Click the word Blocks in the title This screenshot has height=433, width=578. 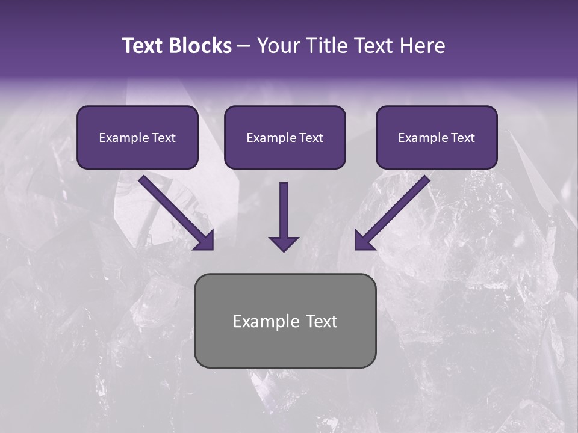click(200, 46)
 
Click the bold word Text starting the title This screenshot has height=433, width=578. click(144, 46)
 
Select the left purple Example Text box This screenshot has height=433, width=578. click(137, 137)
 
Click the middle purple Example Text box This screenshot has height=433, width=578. click(285, 137)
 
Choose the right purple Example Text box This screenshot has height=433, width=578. click(437, 137)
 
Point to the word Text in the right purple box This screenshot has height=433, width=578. click(462, 138)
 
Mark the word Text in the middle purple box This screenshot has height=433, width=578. click(311, 138)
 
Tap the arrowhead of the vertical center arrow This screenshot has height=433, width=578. click(284, 244)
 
